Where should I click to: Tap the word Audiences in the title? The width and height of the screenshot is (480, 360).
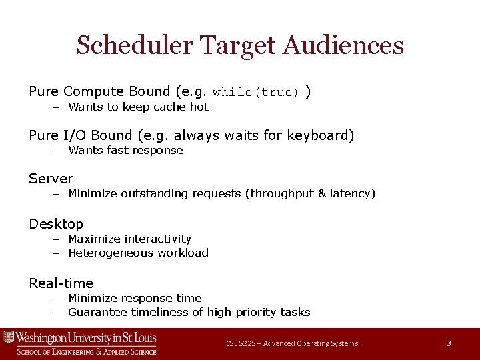point(343,46)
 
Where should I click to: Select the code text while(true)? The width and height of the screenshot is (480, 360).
point(256,93)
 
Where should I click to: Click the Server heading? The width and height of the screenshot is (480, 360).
point(51,179)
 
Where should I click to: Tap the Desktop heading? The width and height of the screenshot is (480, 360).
point(56,224)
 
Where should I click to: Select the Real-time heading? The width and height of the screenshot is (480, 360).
point(61,283)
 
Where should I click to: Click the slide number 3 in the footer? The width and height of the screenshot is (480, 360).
point(449,343)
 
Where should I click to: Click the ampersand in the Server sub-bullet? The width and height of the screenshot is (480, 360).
point(322,194)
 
